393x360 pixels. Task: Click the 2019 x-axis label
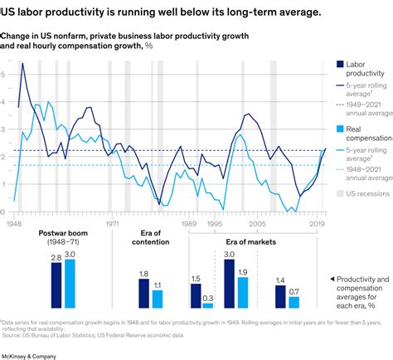pos(317,224)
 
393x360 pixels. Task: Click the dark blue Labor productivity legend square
pos(340,64)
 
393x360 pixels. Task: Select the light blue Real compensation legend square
pos(340,129)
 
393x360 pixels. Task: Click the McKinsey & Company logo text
pos(29,355)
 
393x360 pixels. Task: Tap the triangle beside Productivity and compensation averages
pos(332,279)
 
